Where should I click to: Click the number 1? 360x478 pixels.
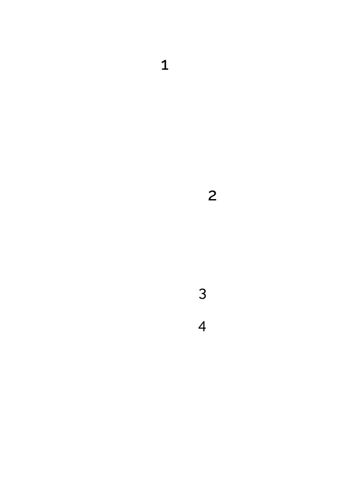(x=165, y=66)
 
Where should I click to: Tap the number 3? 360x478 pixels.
(x=202, y=294)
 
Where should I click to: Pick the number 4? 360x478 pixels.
(x=202, y=326)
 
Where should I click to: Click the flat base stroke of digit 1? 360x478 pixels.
(x=165, y=70)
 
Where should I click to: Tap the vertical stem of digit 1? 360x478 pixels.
(x=165, y=66)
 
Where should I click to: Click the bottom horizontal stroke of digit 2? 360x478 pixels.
(x=212, y=200)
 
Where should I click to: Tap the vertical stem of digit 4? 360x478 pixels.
(x=203, y=326)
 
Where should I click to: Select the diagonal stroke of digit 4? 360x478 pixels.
(x=201, y=325)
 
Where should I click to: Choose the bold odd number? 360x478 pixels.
(x=165, y=66)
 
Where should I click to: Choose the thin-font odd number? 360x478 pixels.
(x=202, y=294)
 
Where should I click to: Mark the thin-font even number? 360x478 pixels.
(x=202, y=326)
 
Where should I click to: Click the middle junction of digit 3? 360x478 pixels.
(x=203, y=294)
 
